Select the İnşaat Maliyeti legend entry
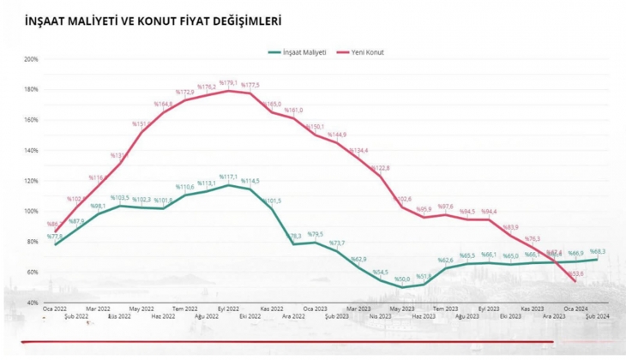coord(297,52)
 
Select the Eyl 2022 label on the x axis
coord(228,309)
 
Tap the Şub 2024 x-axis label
coord(598,316)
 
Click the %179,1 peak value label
coord(229,83)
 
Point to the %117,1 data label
coord(229,177)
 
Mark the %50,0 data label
coord(401,279)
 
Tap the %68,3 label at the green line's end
coord(597,252)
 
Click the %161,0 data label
coord(294,111)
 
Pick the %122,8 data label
coord(380,169)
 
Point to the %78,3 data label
coord(294,236)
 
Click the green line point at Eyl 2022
coord(228,185)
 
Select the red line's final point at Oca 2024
coord(574,281)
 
